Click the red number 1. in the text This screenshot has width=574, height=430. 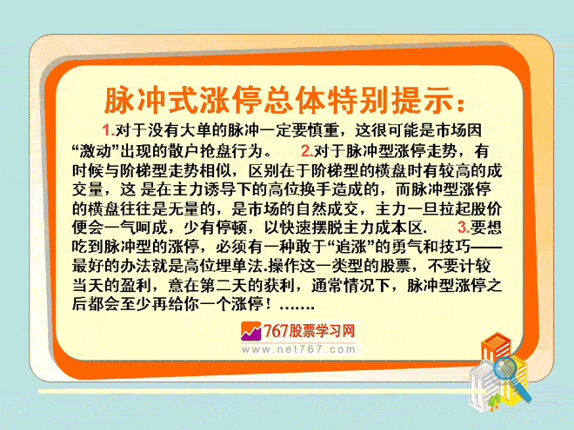tap(109, 130)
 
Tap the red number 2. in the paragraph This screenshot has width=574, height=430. tap(308, 150)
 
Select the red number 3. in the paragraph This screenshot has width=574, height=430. tap(464, 228)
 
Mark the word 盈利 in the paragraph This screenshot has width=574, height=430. tap(136, 285)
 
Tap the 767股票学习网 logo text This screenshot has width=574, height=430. tap(309, 331)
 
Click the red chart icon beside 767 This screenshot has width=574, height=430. tap(250, 331)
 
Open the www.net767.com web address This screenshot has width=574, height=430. tap(298, 349)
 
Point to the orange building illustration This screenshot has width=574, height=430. tap(496, 348)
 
